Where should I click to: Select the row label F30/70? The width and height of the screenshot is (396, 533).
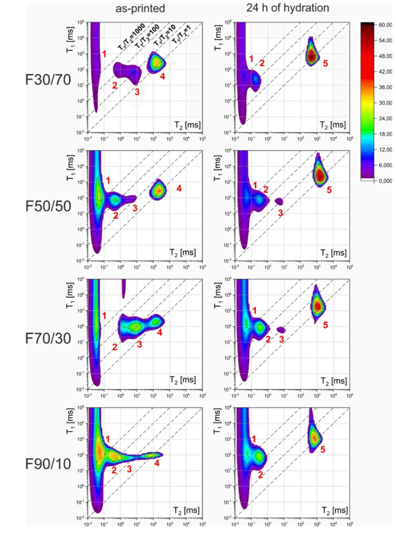coord(48,80)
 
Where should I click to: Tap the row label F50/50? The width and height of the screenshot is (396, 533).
coord(48,206)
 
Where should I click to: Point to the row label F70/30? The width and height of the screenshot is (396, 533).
coord(48,338)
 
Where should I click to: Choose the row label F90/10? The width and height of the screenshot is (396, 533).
coord(48,464)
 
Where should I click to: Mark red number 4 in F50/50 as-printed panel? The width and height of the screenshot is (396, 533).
coord(179,188)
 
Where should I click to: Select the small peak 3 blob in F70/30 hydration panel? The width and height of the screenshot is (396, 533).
coord(281,329)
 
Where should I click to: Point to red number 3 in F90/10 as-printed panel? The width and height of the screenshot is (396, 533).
coord(130,469)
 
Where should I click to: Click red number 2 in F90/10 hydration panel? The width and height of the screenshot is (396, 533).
coord(260,474)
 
